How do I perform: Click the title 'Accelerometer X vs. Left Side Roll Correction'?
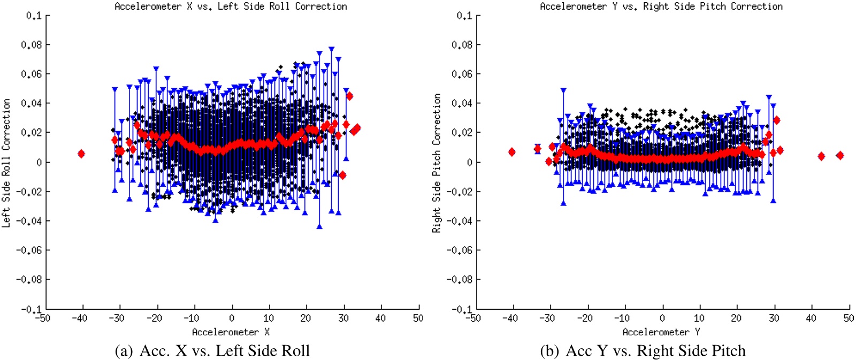[231, 6]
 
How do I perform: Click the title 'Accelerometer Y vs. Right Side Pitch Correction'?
[661, 6]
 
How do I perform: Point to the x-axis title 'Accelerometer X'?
[231, 332]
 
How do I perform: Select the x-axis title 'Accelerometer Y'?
[661, 332]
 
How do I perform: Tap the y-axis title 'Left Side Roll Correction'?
[6, 163]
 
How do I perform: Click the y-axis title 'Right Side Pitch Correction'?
[437, 163]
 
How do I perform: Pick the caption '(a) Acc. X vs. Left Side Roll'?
[212, 351]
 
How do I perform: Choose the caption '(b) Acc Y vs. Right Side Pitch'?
[643, 351]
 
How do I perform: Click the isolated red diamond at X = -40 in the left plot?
[81, 154]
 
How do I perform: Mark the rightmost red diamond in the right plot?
[840, 156]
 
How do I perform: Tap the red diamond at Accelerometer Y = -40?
[512, 152]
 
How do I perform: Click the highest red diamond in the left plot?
[349, 96]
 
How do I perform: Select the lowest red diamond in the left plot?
[342, 175]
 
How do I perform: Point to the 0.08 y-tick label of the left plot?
[31, 45]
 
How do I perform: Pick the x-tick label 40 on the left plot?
[380, 318]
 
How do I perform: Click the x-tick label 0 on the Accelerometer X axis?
[232, 318]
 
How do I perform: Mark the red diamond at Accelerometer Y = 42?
[821, 156]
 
